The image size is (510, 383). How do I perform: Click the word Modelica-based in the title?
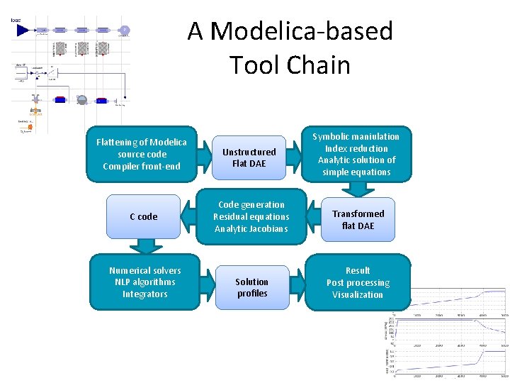(302, 31)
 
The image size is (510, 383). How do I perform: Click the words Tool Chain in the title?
(290, 65)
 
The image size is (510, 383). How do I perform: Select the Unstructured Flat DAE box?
(249, 157)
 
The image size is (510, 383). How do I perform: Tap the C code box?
(144, 216)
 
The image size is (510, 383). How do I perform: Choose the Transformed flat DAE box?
(358, 219)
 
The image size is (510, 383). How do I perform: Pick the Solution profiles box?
(252, 287)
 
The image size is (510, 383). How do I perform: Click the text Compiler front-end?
(142, 167)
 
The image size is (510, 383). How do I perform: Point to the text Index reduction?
(356, 148)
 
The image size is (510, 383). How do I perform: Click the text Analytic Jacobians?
(251, 228)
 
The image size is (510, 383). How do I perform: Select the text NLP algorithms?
(144, 282)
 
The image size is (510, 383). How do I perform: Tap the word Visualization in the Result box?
(358, 294)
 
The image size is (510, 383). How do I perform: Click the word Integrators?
(144, 294)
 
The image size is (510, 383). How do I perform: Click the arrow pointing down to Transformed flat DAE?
(359, 189)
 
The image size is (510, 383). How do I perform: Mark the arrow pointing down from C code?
(146, 245)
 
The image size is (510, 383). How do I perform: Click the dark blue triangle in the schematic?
(23, 30)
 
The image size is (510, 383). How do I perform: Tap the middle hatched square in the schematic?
(82, 48)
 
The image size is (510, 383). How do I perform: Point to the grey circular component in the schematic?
(81, 100)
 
